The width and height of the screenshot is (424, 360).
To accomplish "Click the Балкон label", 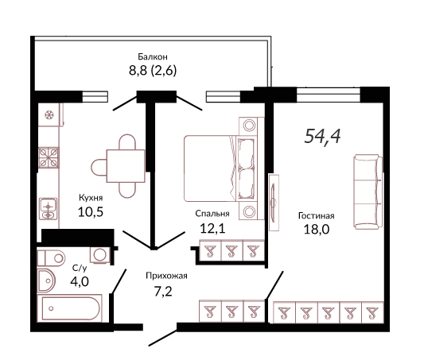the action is (x=153, y=56).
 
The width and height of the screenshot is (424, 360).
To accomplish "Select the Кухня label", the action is (x=91, y=198).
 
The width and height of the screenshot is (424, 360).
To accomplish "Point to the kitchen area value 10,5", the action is (x=91, y=212).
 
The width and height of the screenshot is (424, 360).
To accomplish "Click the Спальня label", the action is (x=212, y=214).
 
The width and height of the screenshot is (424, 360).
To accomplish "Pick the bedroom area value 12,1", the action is (x=212, y=229).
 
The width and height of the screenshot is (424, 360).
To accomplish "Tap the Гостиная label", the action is (x=317, y=216).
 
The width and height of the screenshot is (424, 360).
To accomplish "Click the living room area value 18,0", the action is (x=317, y=230).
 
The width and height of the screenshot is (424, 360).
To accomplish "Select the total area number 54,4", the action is (x=322, y=136).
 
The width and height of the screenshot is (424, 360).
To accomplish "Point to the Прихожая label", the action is (x=166, y=276).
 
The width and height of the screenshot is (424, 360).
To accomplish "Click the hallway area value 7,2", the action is (x=163, y=292).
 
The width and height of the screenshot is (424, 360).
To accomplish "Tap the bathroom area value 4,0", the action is (x=80, y=282).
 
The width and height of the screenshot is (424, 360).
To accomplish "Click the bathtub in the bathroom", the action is (x=69, y=308).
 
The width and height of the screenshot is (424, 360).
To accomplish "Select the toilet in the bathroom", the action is (x=51, y=258).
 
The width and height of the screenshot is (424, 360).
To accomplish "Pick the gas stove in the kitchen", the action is (x=49, y=157).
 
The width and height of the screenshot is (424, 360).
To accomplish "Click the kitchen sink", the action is (x=49, y=209).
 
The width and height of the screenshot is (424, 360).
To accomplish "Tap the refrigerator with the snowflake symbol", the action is (x=49, y=114).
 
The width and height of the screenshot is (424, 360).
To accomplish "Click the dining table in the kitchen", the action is (x=126, y=166).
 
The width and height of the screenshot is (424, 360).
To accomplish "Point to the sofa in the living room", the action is (x=368, y=192).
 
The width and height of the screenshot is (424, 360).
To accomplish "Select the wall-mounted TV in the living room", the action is (x=274, y=203).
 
